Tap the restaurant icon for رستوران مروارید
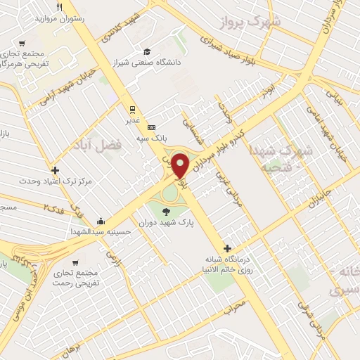click(59, 7)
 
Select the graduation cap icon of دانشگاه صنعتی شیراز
click(147, 51)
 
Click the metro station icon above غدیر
click(131, 109)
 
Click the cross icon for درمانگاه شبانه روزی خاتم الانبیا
click(227, 248)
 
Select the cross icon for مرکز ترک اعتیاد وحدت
click(56, 169)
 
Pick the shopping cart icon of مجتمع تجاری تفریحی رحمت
click(76, 262)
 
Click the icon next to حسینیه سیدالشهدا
click(103, 220)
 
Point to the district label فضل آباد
click(96, 145)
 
